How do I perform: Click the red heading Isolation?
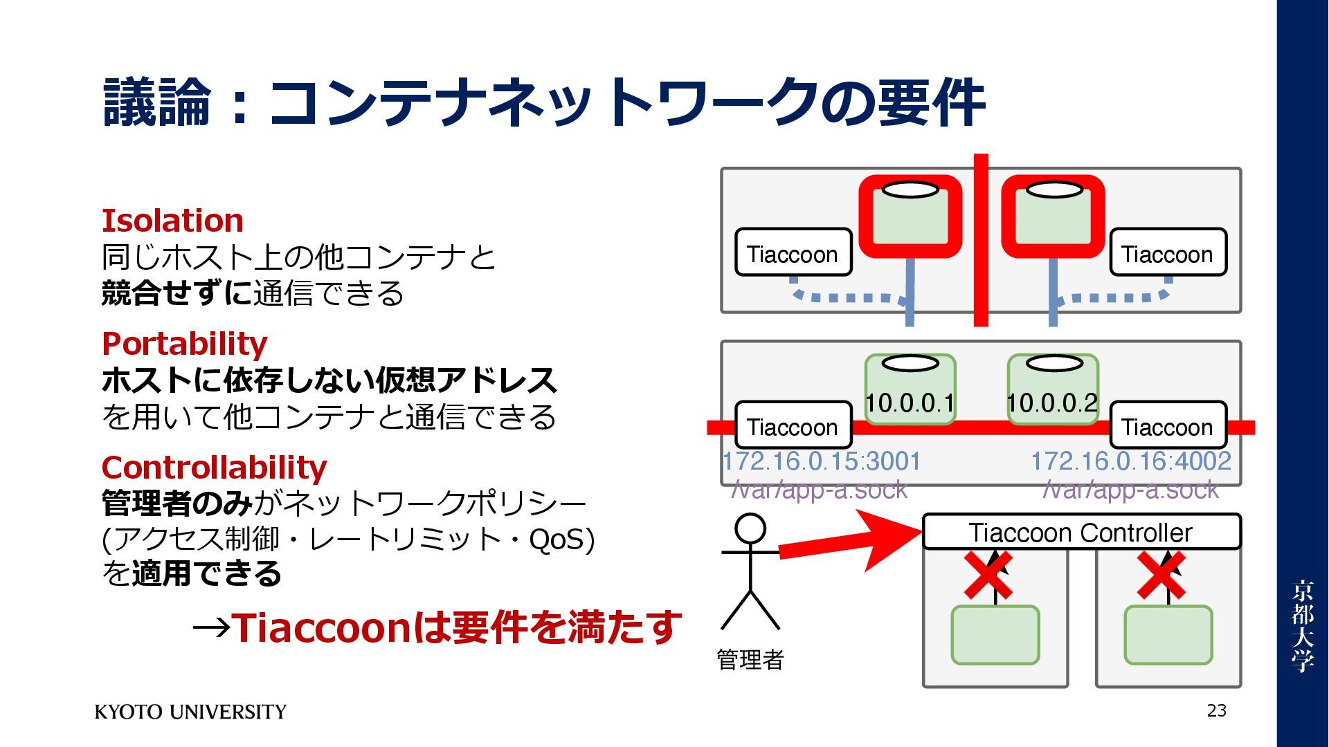[x=172, y=221]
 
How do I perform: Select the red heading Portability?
[x=184, y=344]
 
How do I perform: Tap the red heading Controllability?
[x=214, y=468]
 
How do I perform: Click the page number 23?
[x=1216, y=710]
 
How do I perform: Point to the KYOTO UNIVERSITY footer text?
[x=190, y=712]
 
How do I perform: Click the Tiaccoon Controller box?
[x=1081, y=533]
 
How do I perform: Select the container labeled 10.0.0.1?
[x=910, y=389]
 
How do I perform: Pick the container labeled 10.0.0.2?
[x=1053, y=389]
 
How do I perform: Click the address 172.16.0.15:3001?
[x=822, y=461]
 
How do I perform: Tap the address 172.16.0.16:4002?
[x=1131, y=461]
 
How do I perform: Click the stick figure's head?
[x=750, y=529]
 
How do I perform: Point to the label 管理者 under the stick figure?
[x=750, y=659]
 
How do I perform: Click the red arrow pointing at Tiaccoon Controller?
[x=851, y=543]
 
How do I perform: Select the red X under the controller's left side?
[x=988, y=575]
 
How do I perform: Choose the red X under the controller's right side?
[x=1161, y=575]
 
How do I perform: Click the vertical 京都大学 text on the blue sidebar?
[x=1302, y=626]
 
